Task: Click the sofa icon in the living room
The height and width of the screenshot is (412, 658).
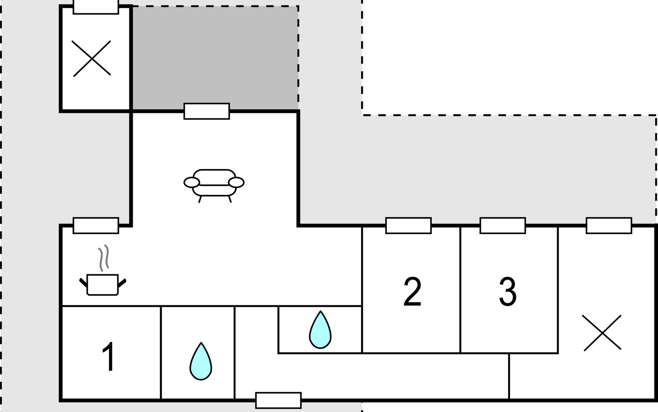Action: tap(214, 184)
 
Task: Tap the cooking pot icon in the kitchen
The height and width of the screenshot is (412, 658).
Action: tap(102, 285)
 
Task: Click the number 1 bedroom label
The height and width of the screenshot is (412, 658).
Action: tap(109, 357)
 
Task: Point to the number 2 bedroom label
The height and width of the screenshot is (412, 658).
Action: tap(412, 292)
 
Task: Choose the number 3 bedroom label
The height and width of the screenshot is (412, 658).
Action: tap(508, 292)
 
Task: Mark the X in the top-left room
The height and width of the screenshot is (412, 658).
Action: tap(92, 58)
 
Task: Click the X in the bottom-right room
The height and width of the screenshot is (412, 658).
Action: tap(602, 333)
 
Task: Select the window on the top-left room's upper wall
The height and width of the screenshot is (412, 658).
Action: tap(96, 7)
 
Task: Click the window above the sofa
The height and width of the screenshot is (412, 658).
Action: tap(207, 111)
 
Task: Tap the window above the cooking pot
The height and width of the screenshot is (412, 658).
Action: tap(96, 226)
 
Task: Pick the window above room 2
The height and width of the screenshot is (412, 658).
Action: tap(409, 226)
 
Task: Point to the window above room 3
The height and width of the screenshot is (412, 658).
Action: tap(503, 226)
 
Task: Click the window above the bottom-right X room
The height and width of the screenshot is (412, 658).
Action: tap(609, 226)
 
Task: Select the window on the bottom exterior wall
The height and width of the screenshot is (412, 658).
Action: tap(278, 400)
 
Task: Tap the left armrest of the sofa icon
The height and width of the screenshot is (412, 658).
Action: tap(192, 183)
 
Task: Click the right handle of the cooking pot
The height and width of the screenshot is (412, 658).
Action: tap(122, 283)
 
